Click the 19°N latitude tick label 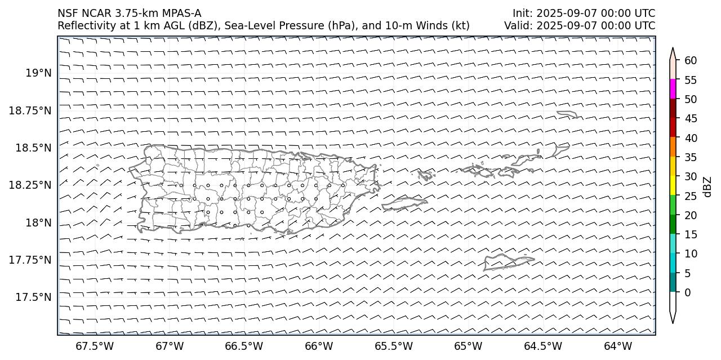pos(38,73)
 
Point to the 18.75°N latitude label pos(30,110)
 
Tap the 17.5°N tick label pos(34,297)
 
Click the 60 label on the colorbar pos(691,61)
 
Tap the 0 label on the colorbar pos(687,292)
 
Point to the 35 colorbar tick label pos(691,157)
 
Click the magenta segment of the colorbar pos(673,89)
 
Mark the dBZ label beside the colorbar pos(707,187)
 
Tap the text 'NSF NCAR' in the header pos(79,13)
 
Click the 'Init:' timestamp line pos(584,13)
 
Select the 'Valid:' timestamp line pos(580,26)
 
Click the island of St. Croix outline pos(507,262)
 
